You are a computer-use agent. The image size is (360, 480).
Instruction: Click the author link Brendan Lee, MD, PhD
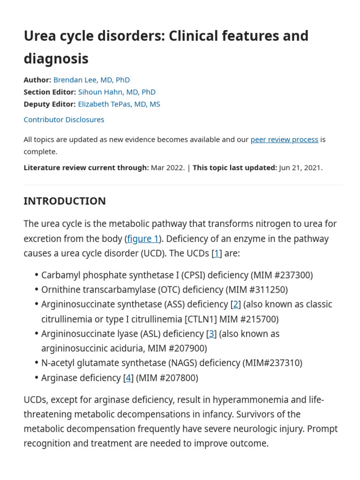[91, 80]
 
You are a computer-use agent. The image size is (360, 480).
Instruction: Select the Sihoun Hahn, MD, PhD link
[117, 92]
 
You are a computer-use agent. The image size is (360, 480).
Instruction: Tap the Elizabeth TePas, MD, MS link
[119, 104]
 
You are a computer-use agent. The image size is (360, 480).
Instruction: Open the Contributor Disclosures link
[64, 120]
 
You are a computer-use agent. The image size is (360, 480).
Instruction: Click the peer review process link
[284, 140]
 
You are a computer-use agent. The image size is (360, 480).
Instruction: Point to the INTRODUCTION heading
[65, 201]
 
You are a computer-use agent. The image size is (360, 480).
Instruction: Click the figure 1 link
[143, 239]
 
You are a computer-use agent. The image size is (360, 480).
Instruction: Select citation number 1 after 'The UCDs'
[217, 254]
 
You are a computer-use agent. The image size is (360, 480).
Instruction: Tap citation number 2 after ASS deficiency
[236, 304]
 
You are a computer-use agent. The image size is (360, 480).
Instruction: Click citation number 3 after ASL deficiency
[212, 334]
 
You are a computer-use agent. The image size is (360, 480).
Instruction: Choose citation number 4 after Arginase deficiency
[128, 378]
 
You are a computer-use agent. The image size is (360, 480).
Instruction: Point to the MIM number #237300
[290, 275]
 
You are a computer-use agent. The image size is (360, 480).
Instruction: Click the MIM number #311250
[265, 290]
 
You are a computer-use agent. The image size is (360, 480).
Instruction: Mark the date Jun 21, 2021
[300, 168]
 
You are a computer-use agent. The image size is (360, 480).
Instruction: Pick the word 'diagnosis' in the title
[56, 59]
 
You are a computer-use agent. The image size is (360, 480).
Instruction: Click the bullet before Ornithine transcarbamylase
[36, 290]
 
